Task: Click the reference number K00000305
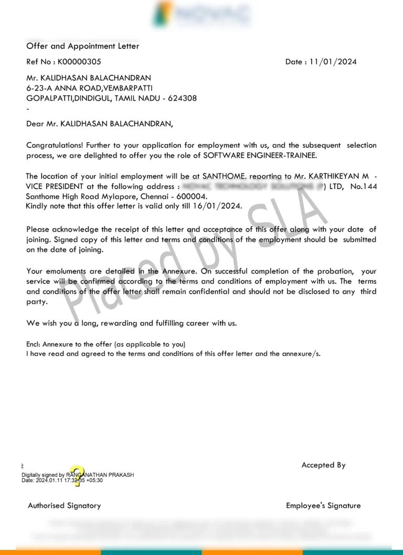point(79,62)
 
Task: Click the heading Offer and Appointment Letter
point(83,46)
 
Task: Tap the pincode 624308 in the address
point(182,98)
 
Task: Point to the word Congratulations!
point(55,145)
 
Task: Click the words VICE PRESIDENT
point(58,187)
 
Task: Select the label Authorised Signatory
point(64,506)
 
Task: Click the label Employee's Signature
point(323,506)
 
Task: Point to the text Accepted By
point(323,465)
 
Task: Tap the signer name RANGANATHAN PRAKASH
point(100,475)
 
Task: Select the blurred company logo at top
point(201,14)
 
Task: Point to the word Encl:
point(34,344)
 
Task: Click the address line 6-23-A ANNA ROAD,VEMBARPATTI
point(90,88)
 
